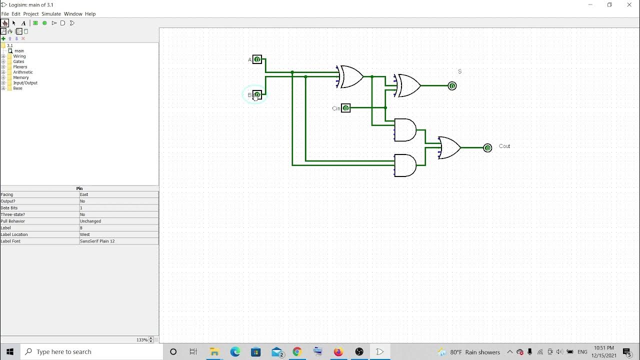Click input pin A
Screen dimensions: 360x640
pyautogui.click(x=257, y=59)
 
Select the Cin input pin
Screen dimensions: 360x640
pyautogui.click(x=345, y=108)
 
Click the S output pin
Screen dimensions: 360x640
pyautogui.click(x=452, y=86)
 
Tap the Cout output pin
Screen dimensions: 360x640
pyautogui.click(x=487, y=148)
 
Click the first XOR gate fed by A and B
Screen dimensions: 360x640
pyautogui.click(x=350, y=76)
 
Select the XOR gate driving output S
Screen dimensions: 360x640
pyautogui.click(x=408, y=85)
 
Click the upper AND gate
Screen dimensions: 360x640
pyautogui.click(x=405, y=130)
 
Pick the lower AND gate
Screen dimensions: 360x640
pyautogui.click(x=405, y=165)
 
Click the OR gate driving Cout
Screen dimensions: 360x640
pyautogui.click(x=449, y=147)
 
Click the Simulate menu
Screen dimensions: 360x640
pyautogui.click(x=51, y=14)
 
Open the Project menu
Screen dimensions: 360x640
pyautogui.click(x=30, y=14)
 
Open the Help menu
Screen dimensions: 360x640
pyautogui.click(x=90, y=14)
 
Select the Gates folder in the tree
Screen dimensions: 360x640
pyautogui.click(x=18, y=61)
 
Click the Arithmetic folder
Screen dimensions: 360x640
pyautogui.click(x=23, y=72)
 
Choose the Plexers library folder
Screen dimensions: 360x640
pyautogui.click(x=20, y=67)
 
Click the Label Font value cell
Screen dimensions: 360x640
pyautogui.click(x=118, y=241)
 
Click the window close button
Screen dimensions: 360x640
pyautogui.click(x=629, y=5)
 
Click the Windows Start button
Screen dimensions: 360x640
pyautogui.click(x=10, y=351)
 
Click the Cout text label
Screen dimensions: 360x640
pyautogui.click(x=504, y=146)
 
